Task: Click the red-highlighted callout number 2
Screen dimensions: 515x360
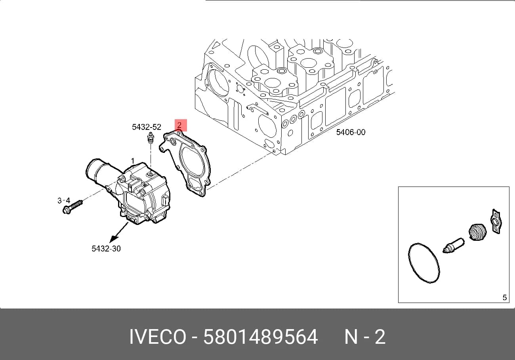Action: (179, 125)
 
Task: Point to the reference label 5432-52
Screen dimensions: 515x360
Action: (147, 127)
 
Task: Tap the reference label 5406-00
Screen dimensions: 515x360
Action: (351, 132)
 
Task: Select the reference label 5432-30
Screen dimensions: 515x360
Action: (106, 248)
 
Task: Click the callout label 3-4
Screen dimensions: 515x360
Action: (64, 200)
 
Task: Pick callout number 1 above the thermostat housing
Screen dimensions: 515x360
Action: (133, 161)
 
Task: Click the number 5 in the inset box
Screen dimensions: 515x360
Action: (505, 297)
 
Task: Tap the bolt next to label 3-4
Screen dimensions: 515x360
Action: (72, 206)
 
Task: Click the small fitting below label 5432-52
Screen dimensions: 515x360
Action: (151, 138)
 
